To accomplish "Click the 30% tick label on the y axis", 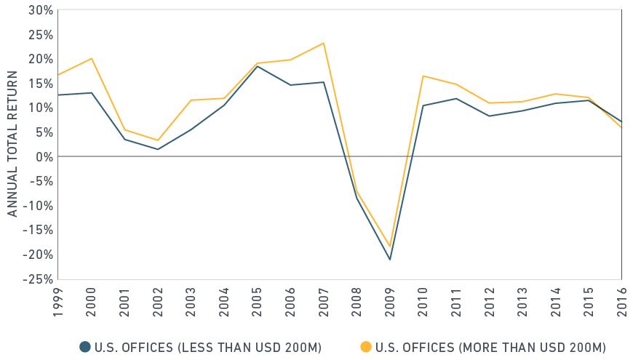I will [x=40, y=10].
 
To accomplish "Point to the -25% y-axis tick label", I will [x=38, y=279].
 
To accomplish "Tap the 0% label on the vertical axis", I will [x=44, y=156].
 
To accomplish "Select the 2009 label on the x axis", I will [x=389, y=298].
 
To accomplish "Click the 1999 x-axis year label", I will [x=58, y=298].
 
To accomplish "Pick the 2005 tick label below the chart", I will [x=257, y=298].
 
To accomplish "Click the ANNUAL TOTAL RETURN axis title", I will [x=12, y=145].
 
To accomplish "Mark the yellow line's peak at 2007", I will [x=324, y=43].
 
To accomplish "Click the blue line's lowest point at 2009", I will [x=389, y=260].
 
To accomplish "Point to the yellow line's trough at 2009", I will [x=389, y=247].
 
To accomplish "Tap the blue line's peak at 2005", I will [x=257, y=66].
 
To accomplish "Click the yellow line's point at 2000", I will [x=91, y=58].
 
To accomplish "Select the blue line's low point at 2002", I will [x=157, y=149].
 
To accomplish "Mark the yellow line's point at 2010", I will [x=423, y=76].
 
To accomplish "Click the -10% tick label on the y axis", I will [x=38, y=205].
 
